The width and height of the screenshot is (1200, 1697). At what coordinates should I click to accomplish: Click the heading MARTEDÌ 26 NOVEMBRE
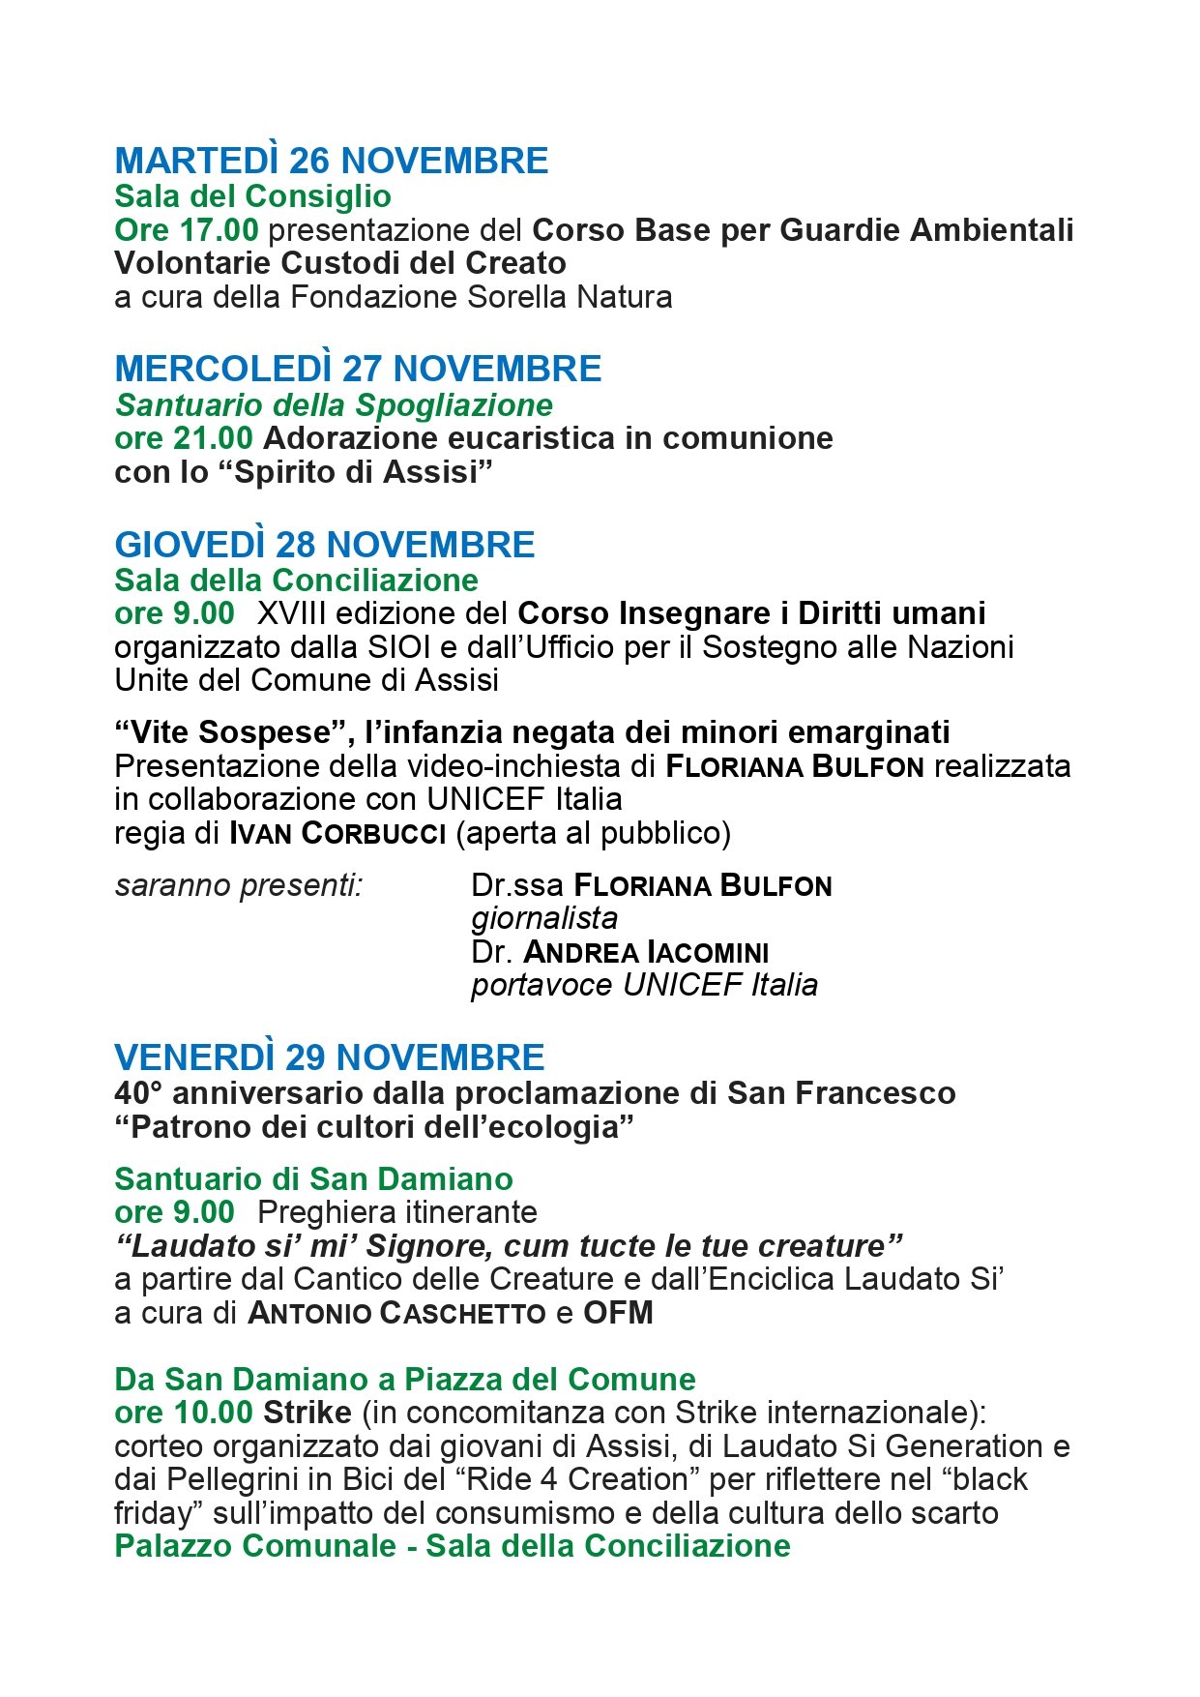coord(331,161)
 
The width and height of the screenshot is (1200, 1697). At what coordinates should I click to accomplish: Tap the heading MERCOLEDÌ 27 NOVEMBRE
coord(358,369)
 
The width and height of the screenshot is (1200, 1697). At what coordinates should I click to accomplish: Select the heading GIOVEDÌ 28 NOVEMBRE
coord(324,545)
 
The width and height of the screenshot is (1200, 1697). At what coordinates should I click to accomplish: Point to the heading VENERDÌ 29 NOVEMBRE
coord(329,1057)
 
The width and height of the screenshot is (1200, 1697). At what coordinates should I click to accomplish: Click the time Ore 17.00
coord(186,230)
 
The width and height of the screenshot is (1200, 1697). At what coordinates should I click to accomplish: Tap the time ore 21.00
coord(184,438)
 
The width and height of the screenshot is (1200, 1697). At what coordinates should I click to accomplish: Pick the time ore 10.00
coord(184,1413)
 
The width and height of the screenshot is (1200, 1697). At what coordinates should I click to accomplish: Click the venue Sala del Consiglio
coord(252,196)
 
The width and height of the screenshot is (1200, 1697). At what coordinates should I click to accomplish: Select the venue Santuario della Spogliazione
coord(334,404)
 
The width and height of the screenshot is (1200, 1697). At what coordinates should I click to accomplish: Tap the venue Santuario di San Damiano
coord(313,1178)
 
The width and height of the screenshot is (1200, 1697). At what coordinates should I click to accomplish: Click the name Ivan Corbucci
coord(337,833)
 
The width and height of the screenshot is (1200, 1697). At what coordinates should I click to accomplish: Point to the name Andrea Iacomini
coord(646,952)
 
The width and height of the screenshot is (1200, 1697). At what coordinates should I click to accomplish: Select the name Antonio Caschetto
coord(396,1313)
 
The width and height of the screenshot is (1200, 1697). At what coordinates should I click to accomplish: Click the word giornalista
coord(544,918)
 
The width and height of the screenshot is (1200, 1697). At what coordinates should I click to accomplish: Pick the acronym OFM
coord(618,1313)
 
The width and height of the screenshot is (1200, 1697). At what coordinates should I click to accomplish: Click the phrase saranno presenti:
coord(238,885)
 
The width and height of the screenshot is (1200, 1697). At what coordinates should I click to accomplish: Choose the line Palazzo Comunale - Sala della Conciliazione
coord(452,1545)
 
